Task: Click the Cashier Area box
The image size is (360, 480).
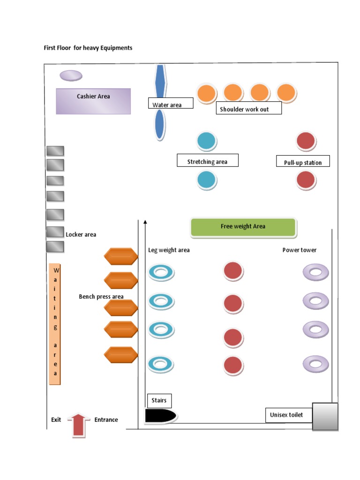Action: pyautogui.click(x=93, y=101)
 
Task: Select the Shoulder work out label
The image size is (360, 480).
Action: pyautogui.click(x=248, y=109)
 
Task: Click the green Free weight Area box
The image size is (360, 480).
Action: pyautogui.click(x=243, y=227)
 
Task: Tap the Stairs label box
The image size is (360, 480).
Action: pyautogui.click(x=159, y=401)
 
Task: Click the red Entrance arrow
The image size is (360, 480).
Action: pyautogui.click(x=79, y=425)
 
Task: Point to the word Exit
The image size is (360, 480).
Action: pyautogui.click(x=56, y=420)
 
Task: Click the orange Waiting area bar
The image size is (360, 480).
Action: pyautogui.click(x=55, y=323)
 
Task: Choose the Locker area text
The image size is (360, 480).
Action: pyautogui.click(x=81, y=234)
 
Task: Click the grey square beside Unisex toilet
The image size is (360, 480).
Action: pyautogui.click(x=325, y=416)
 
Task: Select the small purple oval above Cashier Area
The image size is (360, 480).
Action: pyautogui.click(x=71, y=75)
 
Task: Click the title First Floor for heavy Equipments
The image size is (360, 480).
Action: pyautogui.click(x=88, y=48)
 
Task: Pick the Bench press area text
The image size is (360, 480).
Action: pyautogui.click(x=101, y=297)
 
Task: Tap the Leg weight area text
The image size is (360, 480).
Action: pyautogui.click(x=169, y=250)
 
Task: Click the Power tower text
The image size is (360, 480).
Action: pyautogui.click(x=299, y=250)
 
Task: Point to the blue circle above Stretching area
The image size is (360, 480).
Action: pyautogui.click(x=207, y=141)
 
